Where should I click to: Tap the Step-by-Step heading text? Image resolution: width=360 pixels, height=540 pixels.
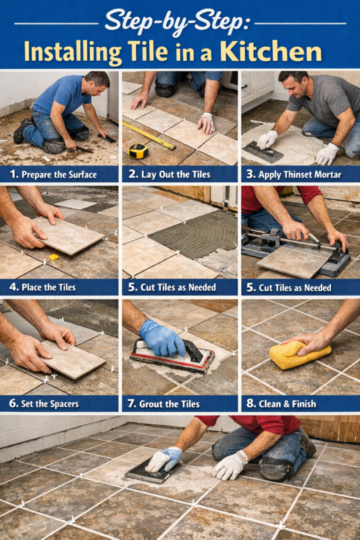coord(177,20)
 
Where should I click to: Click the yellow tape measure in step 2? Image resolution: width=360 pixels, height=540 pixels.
coord(138,151)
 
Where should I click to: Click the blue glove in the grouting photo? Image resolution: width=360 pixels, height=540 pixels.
coord(161,337)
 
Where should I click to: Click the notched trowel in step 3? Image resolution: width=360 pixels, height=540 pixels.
coord(257,153)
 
